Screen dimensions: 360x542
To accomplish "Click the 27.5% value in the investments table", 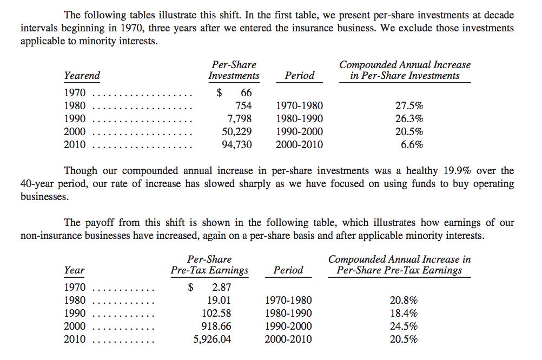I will [x=409, y=106].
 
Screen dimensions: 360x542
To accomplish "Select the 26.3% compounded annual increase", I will [x=409, y=119].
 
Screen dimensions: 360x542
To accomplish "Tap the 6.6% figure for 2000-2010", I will [x=412, y=145].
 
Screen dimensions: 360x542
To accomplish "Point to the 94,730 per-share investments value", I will [x=237, y=145].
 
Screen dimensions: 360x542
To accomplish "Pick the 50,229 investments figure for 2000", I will [x=237, y=132].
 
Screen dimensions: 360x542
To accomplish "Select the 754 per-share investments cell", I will [x=244, y=106].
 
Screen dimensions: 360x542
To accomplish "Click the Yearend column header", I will [x=82, y=76].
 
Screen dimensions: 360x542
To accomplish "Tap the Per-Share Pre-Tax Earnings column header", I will [x=209, y=265].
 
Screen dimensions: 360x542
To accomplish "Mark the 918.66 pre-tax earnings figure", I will [x=219, y=326].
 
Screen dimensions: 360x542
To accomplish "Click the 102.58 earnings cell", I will [x=219, y=314].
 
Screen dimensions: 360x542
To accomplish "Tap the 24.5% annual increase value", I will [x=404, y=326].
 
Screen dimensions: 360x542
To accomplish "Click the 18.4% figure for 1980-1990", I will [x=404, y=314].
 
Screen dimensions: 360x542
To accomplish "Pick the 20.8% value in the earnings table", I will [x=404, y=301].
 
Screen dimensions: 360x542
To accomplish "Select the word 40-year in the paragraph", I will [x=38, y=184].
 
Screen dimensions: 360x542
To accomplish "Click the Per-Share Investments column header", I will [x=234, y=70].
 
